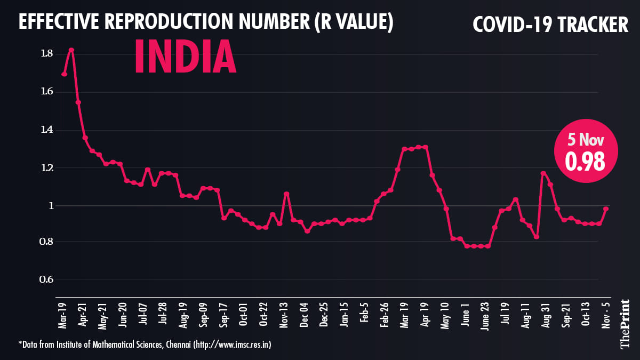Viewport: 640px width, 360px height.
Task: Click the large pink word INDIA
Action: coord(185,56)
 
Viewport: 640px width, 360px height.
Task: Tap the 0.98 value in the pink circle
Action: coord(585,162)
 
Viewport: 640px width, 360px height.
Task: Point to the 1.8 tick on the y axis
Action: coord(46,53)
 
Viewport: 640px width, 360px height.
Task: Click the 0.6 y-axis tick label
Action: coord(46,279)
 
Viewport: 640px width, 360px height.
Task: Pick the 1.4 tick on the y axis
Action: coord(46,130)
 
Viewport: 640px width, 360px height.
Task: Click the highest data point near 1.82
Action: coord(71,50)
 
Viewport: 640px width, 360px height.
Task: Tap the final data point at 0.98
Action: coord(606,209)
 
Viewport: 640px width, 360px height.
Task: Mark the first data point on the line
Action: coord(64,74)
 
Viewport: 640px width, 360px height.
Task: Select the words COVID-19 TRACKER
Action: coord(551,24)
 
